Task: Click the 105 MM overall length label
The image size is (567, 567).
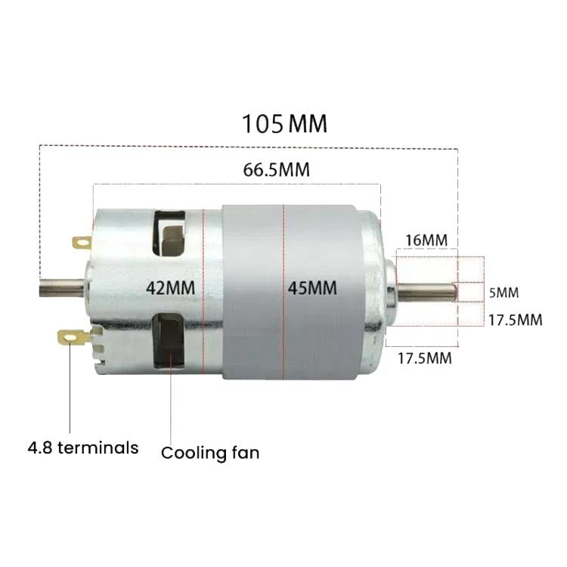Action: (x=284, y=123)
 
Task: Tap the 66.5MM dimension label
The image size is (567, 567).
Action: (x=277, y=169)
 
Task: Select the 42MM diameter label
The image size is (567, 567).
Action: (x=170, y=287)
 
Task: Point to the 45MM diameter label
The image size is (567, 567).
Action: (x=312, y=287)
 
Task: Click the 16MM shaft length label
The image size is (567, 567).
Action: (x=426, y=240)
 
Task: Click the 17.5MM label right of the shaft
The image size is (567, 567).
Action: (x=515, y=320)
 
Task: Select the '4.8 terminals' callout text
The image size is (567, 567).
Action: (x=83, y=448)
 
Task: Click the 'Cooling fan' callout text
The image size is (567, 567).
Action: (x=210, y=453)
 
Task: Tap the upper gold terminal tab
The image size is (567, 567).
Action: (x=81, y=243)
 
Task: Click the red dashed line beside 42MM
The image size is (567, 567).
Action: (x=204, y=291)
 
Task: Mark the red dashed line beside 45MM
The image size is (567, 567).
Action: (x=283, y=291)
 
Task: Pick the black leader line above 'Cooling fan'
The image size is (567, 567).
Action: (x=172, y=408)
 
